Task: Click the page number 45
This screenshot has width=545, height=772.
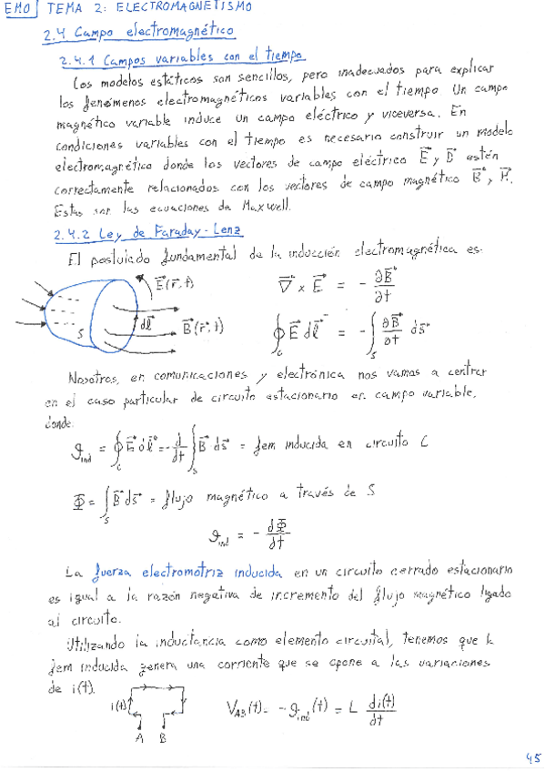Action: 531,756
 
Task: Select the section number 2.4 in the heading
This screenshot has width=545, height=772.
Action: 56,35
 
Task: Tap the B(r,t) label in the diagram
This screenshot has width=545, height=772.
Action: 203,327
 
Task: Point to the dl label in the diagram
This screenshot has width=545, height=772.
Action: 146,322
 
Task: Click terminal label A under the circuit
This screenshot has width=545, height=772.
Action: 138,737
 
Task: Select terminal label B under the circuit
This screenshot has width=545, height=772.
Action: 162,737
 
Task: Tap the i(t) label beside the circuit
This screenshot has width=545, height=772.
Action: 119,706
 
